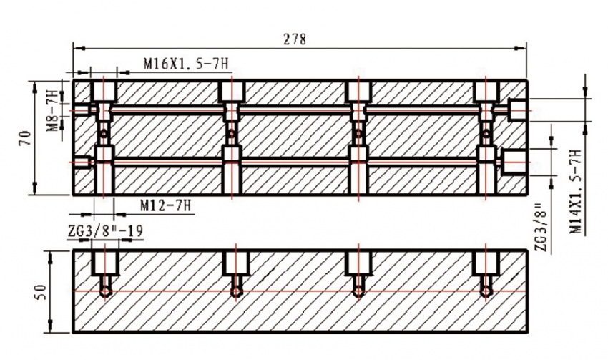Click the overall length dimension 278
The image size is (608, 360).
(295, 39)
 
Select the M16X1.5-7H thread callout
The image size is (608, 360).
(186, 63)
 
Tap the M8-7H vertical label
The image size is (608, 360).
(53, 110)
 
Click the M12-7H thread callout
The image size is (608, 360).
(166, 205)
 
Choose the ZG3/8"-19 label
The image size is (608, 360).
(105, 231)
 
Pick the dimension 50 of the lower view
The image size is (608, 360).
(41, 292)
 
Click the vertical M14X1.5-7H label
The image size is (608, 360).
(576, 191)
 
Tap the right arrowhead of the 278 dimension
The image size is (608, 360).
(520, 48)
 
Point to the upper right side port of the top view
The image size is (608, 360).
(517, 110)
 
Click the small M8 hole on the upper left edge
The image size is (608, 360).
(82, 110)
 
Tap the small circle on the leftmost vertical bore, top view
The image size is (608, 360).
(104, 135)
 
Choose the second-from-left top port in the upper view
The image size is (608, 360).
(232, 92)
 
